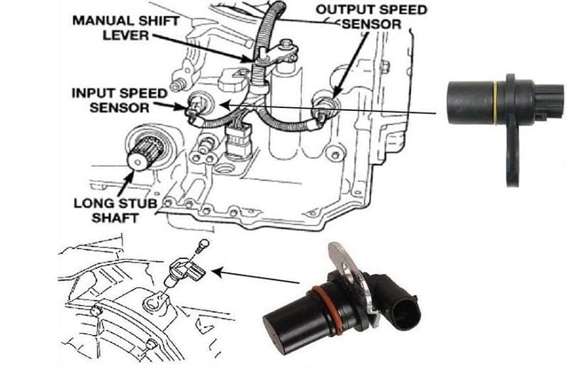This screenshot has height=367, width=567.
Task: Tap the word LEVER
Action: click(x=126, y=35)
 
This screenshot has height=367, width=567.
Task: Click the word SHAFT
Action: click(x=115, y=218)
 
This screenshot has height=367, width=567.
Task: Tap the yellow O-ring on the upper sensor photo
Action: click(x=495, y=104)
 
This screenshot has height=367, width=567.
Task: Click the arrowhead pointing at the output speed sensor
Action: click(x=336, y=94)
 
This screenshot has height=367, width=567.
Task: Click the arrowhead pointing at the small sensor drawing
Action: click(x=218, y=272)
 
